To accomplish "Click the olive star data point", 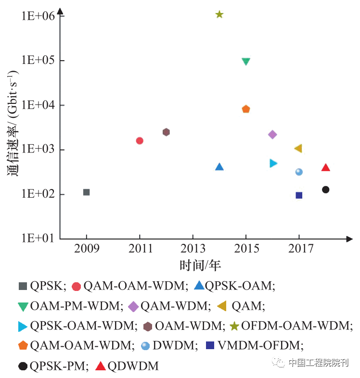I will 219,14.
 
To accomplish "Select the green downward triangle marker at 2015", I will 246,62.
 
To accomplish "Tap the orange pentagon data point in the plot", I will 246,109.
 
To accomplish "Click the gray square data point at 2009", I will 87,192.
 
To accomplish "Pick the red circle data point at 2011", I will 140,141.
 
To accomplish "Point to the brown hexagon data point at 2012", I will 166,132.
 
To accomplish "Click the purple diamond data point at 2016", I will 272,135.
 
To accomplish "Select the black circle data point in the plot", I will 325,189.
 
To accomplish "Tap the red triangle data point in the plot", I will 325,168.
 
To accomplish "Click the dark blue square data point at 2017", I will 299,195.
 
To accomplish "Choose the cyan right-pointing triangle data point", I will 273,164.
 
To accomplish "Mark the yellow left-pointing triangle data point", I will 298,149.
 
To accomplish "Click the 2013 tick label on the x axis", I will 193,249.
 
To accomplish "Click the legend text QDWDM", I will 133,366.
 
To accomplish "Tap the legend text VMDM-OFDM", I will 260,345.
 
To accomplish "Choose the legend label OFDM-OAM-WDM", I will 296,326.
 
